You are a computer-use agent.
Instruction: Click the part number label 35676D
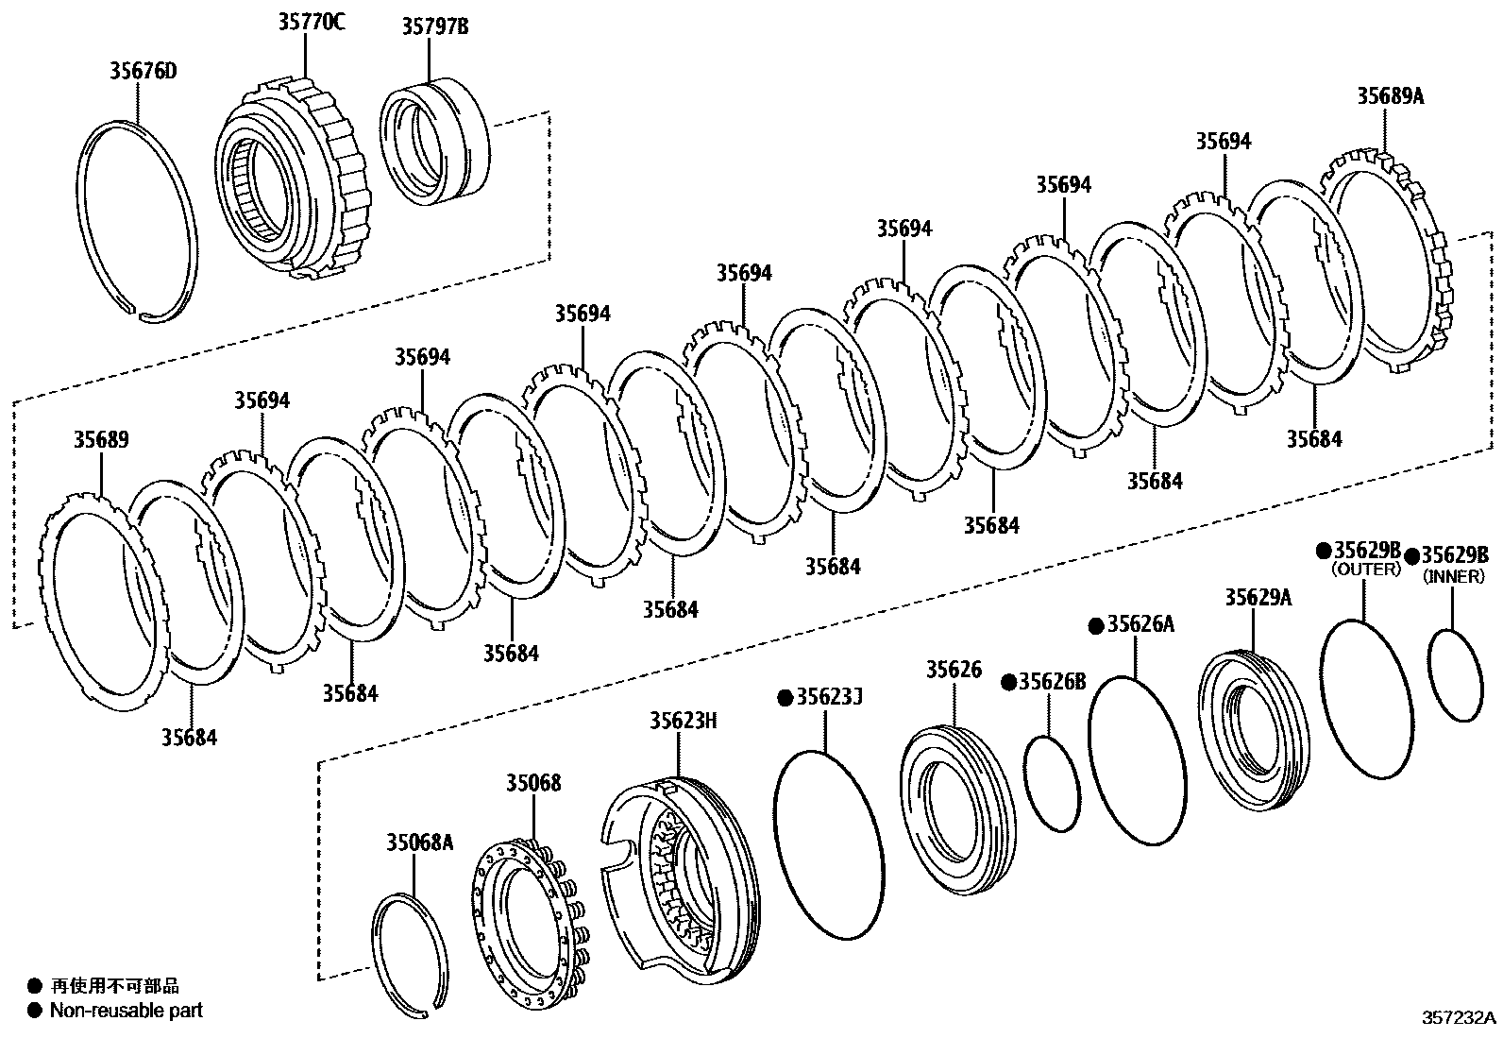click(143, 71)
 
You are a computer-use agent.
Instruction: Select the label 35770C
click(311, 22)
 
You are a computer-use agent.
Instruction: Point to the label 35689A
click(1390, 95)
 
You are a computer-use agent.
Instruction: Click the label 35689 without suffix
click(101, 440)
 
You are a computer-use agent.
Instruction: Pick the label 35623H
click(683, 722)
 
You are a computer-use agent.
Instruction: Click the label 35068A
click(419, 842)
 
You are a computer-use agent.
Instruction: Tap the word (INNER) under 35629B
click(1454, 575)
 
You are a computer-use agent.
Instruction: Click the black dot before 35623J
click(784, 697)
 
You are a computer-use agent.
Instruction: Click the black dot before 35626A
click(1096, 625)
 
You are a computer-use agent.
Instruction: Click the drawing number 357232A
click(1459, 1018)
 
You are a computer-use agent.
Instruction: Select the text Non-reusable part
click(126, 1011)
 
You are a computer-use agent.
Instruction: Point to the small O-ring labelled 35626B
click(1051, 783)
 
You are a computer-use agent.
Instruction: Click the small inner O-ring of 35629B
click(1455, 676)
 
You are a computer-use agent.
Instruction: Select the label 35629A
click(1258, 597)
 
